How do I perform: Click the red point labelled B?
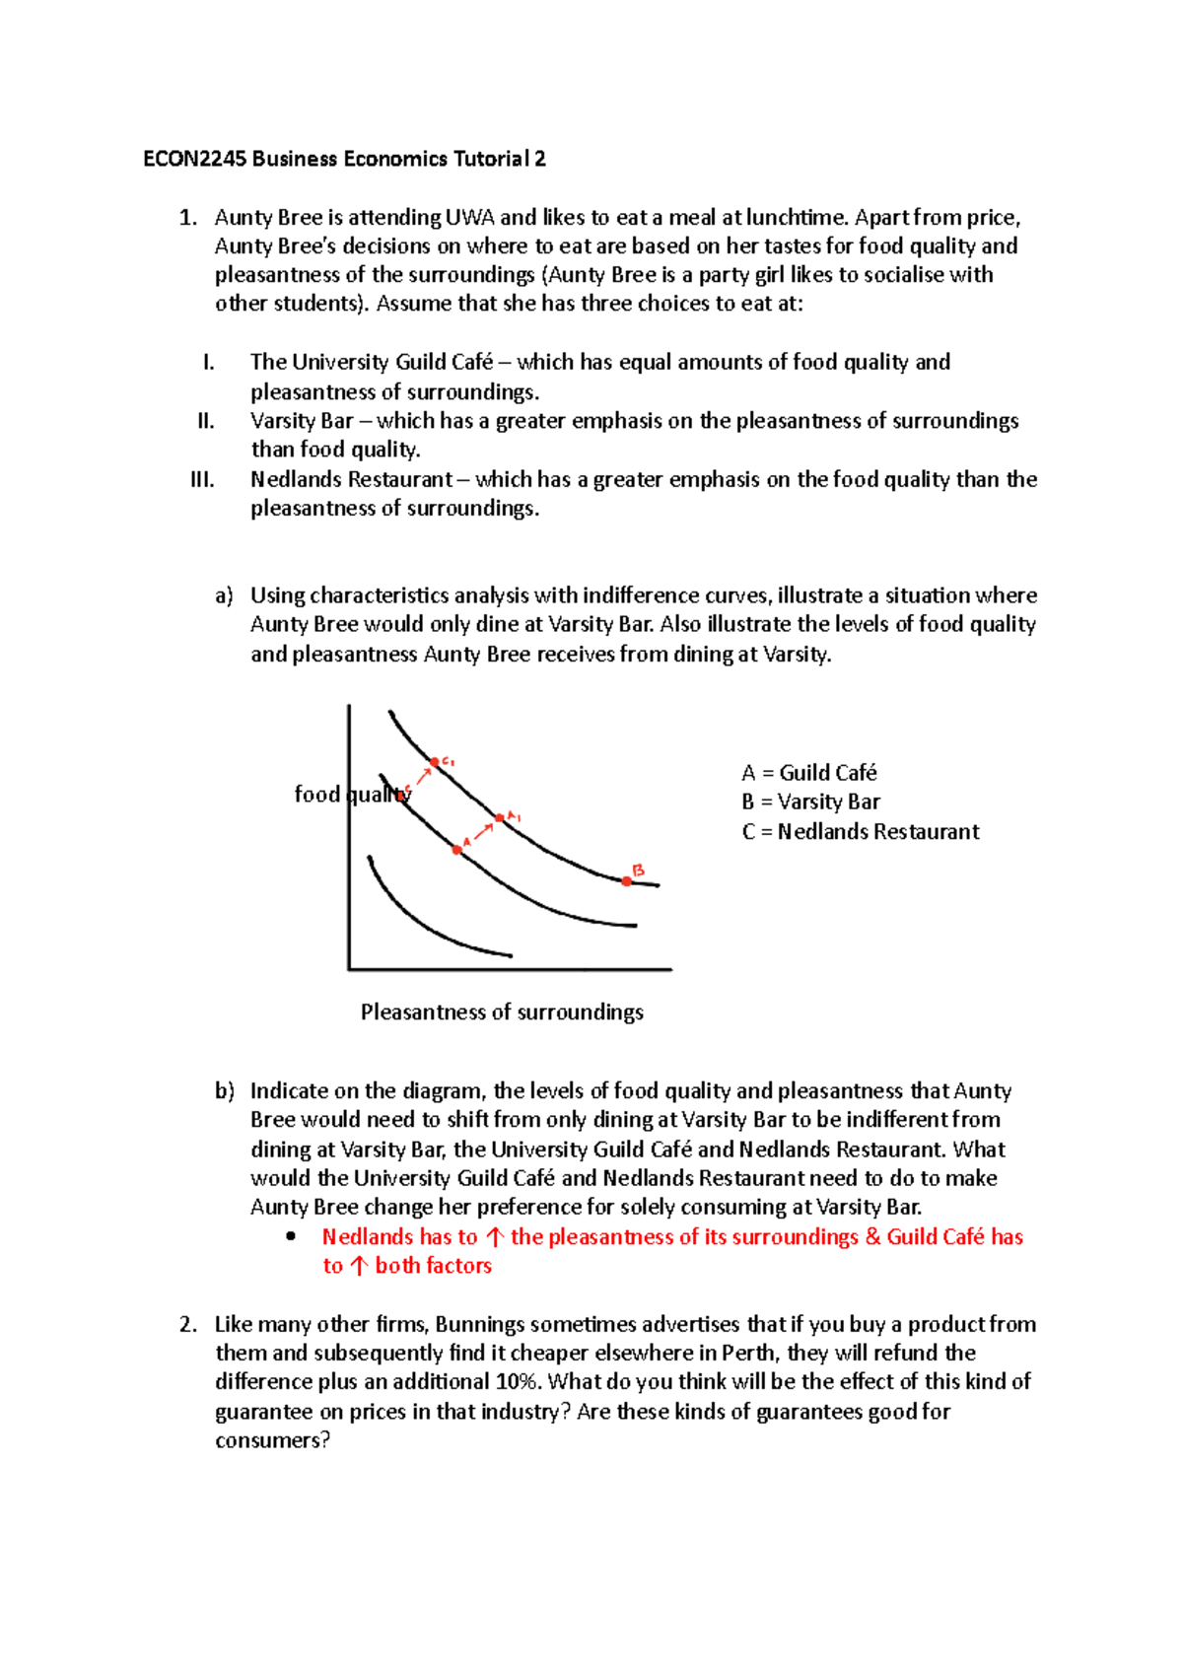(x=627, y=880)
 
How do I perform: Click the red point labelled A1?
(x=499, y=817)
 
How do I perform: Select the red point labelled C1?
(x=434, y=762)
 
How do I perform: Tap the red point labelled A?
(x=457, y=849)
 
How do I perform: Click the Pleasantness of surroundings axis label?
(x=502, y=1012)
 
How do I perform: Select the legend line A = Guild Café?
(x=808, y=773)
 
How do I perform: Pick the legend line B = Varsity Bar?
(x=810, y=802)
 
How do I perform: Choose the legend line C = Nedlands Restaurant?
(x=860, y=832)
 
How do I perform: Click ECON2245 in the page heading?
(x=194, y=160)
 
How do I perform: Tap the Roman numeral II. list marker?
(x=205, y=422)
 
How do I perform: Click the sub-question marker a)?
(x=224, y=596)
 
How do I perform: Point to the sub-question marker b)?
(x=224, y=1091)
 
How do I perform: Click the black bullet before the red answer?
(x=290, y=1237)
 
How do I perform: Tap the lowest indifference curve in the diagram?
(x=424, y=927)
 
